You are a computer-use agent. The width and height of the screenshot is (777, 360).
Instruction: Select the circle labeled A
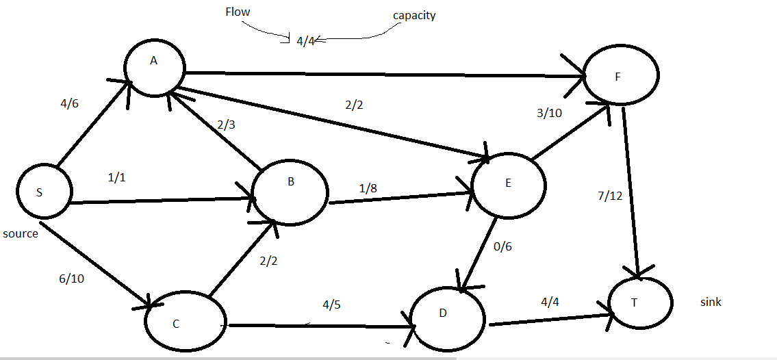[x=153, y=66]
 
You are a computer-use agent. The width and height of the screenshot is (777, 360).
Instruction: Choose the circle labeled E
[x=507, y=185]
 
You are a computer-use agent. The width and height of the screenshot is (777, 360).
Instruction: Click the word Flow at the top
[x=238, y=12]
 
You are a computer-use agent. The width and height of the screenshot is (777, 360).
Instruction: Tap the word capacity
[x=415, y=15]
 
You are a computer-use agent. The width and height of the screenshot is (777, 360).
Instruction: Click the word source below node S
[x=20, y=233]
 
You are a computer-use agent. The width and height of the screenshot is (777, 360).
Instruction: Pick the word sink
[x=711, y=302]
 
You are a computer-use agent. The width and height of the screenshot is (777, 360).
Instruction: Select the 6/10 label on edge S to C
[x=73, y=279]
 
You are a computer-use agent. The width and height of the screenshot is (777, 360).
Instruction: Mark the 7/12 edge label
[x=610, y=196]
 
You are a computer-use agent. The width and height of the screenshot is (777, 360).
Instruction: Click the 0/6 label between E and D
[x=502, y=246]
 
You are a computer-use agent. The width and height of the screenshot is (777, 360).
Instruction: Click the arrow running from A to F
[x=383, y=73]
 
